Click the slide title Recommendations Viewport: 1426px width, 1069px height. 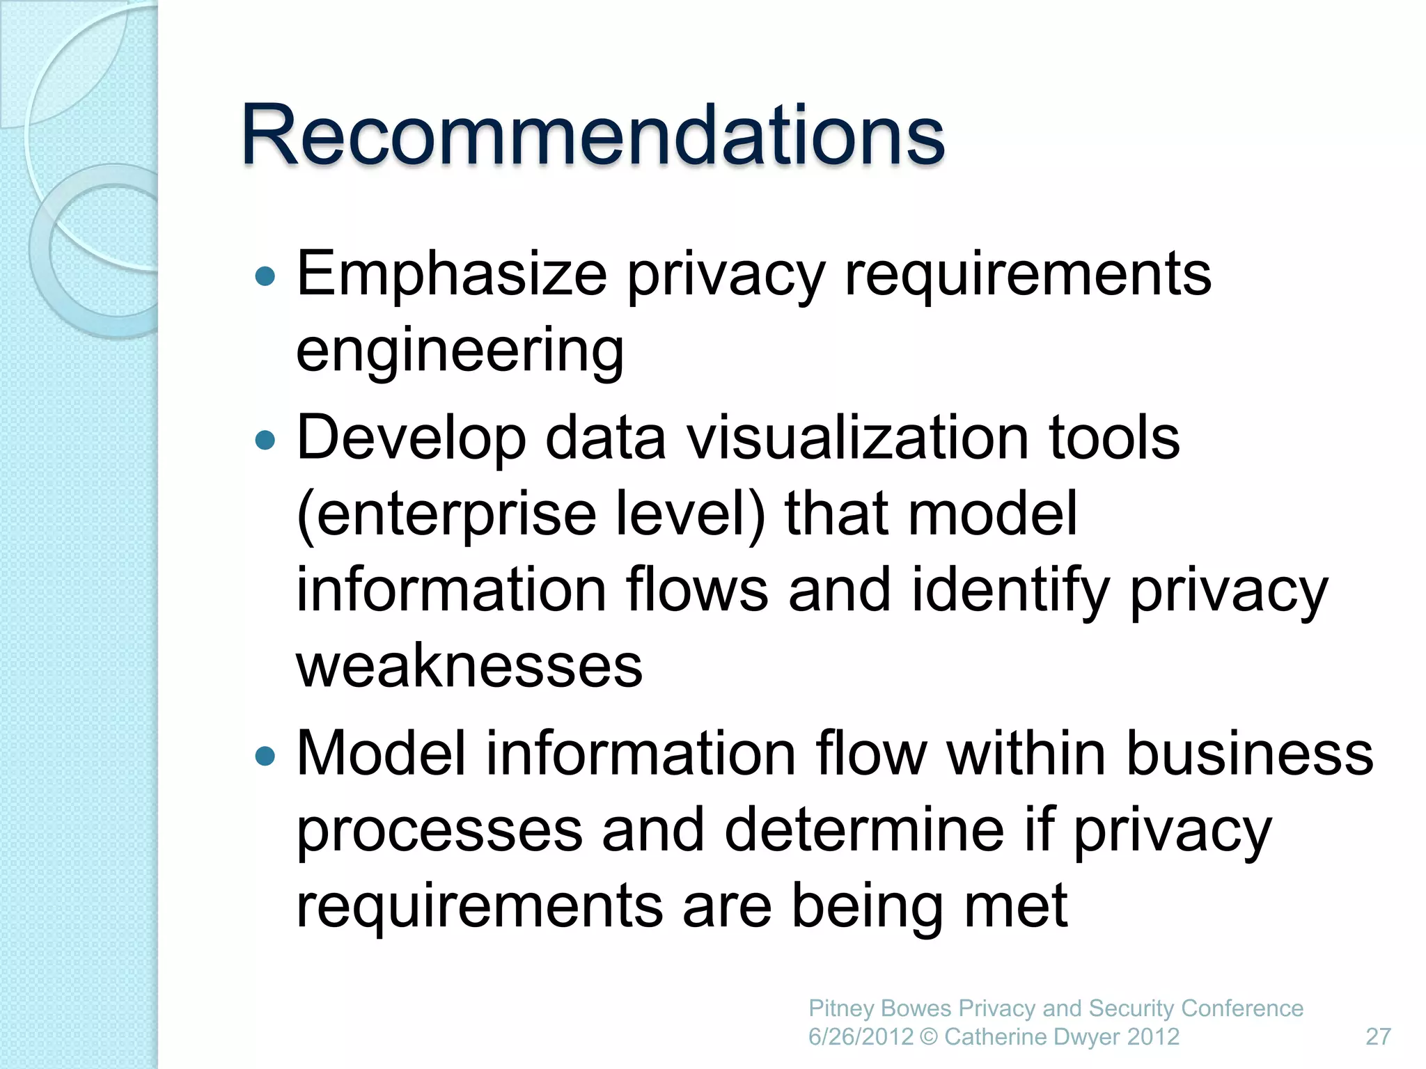[x=593, y=135]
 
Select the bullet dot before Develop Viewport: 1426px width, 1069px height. [x=265, y=441]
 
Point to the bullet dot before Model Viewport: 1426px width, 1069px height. [x=265, y=757]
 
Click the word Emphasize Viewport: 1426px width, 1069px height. [x=452, y=276]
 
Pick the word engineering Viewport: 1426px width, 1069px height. [x=460, y=351]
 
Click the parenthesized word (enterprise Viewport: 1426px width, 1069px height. [x=446, y=515]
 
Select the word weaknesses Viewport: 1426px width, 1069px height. [x=469, y=667]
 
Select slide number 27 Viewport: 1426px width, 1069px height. [x=1378, y=1037]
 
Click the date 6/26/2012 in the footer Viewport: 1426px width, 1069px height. [x=860, y=1037]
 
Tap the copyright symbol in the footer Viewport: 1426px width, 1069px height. [x=928, y=1037]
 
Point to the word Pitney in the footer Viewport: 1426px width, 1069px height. [x=841, y=1008]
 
